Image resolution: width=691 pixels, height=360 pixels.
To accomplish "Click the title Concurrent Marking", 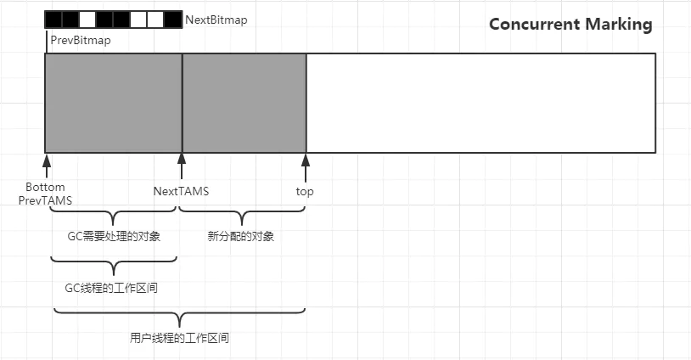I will click(570, 24).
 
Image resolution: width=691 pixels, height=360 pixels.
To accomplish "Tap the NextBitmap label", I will click(216, 20).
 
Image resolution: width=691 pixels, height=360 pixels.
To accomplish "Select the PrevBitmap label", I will click(80, 39).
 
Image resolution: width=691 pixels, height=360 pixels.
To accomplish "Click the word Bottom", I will click(45, 187).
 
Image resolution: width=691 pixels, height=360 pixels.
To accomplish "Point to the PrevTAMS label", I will click(45, 200).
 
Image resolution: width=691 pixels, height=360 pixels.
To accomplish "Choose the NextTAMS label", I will click(181, 191).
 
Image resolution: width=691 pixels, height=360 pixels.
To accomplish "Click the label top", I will click(305, 191).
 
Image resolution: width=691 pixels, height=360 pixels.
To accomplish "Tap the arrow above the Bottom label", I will click(47, 165).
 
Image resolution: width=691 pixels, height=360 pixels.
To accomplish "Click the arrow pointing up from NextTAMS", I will click(182, 165).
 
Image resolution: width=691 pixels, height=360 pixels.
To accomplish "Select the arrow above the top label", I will click(306, 165).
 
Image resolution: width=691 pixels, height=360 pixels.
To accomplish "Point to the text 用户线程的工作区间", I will click(179, 338).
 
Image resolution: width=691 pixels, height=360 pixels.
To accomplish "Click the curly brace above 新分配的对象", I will click(242, 216).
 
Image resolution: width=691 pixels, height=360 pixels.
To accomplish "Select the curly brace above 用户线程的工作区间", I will click(179, 318).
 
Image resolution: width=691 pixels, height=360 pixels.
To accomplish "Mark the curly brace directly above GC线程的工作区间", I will click(113, 266).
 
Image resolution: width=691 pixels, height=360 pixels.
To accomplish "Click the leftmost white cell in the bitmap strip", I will click(87, 19).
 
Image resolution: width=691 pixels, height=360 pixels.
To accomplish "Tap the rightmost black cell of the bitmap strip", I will click(173, 19).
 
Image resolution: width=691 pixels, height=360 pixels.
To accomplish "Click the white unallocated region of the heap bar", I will click(480, 103).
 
